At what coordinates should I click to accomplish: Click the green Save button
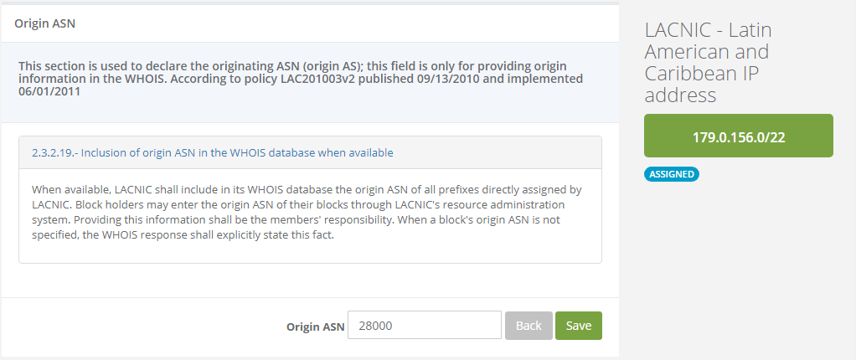pos(578,326)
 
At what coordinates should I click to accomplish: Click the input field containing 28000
pos(424,326)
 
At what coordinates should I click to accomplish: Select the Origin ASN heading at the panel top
pos(45,23)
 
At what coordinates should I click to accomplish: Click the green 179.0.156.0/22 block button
pos(738,136)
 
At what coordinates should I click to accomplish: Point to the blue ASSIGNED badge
pos(671,174)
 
